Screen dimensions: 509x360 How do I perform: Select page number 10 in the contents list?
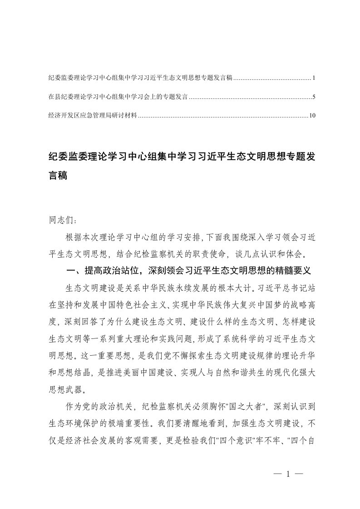312,116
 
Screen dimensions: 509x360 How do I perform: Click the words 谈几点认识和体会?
268,253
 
